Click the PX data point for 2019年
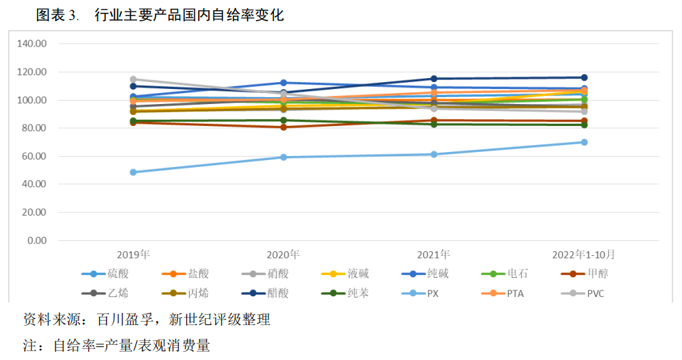click(134, 172)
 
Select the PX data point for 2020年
click(283, 157)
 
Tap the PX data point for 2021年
click(433, 154)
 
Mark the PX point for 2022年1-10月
click(584, 142)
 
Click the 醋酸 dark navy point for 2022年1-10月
click(584, 77)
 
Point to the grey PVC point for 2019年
click(134, 79)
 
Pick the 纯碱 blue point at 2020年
click(283, 83)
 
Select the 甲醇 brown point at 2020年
click(283, 127)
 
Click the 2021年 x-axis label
click(433, 255)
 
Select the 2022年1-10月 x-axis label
click(584, 255)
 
